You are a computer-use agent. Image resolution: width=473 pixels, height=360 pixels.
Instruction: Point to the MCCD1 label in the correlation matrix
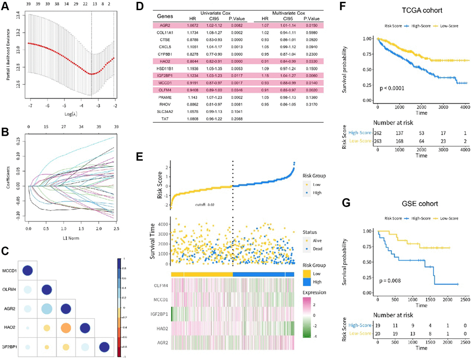8,271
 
